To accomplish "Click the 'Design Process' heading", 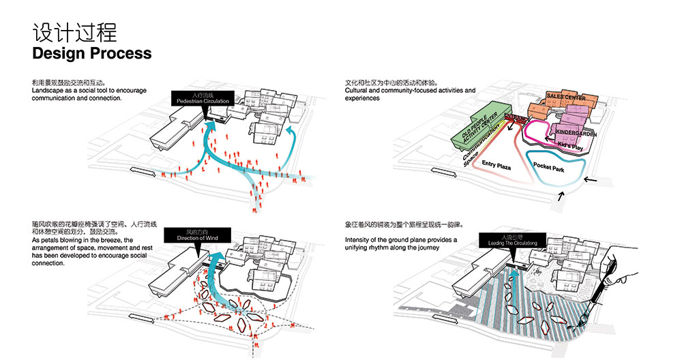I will point(91,52).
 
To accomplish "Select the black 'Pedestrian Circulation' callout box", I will point(203,99).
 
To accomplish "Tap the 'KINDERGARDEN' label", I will point(576,134).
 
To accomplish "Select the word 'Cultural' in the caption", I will point(359,91).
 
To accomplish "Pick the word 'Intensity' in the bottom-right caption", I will point(360,240).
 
